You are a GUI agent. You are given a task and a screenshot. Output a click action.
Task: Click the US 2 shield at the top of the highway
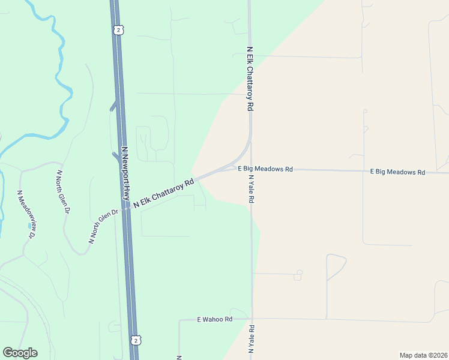(119, 29)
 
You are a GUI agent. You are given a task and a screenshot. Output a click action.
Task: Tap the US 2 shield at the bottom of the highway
(137, 341)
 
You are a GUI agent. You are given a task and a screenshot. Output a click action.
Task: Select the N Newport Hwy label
(125, 173)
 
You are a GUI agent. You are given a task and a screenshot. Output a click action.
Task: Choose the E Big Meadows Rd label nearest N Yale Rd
(265, 169)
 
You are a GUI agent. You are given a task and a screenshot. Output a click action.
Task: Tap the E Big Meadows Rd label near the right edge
(397, 172)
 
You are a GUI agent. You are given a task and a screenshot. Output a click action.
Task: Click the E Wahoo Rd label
(214, 320)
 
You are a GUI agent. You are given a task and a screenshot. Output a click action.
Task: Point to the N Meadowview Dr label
(27, 214)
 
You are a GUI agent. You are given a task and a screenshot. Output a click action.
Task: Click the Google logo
(20, 353)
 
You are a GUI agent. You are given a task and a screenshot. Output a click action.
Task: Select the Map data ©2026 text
(423, 355)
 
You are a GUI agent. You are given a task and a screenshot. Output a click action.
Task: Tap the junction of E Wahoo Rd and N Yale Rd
(252, 319)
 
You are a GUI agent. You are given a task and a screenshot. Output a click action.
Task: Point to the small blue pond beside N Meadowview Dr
(31, 226)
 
